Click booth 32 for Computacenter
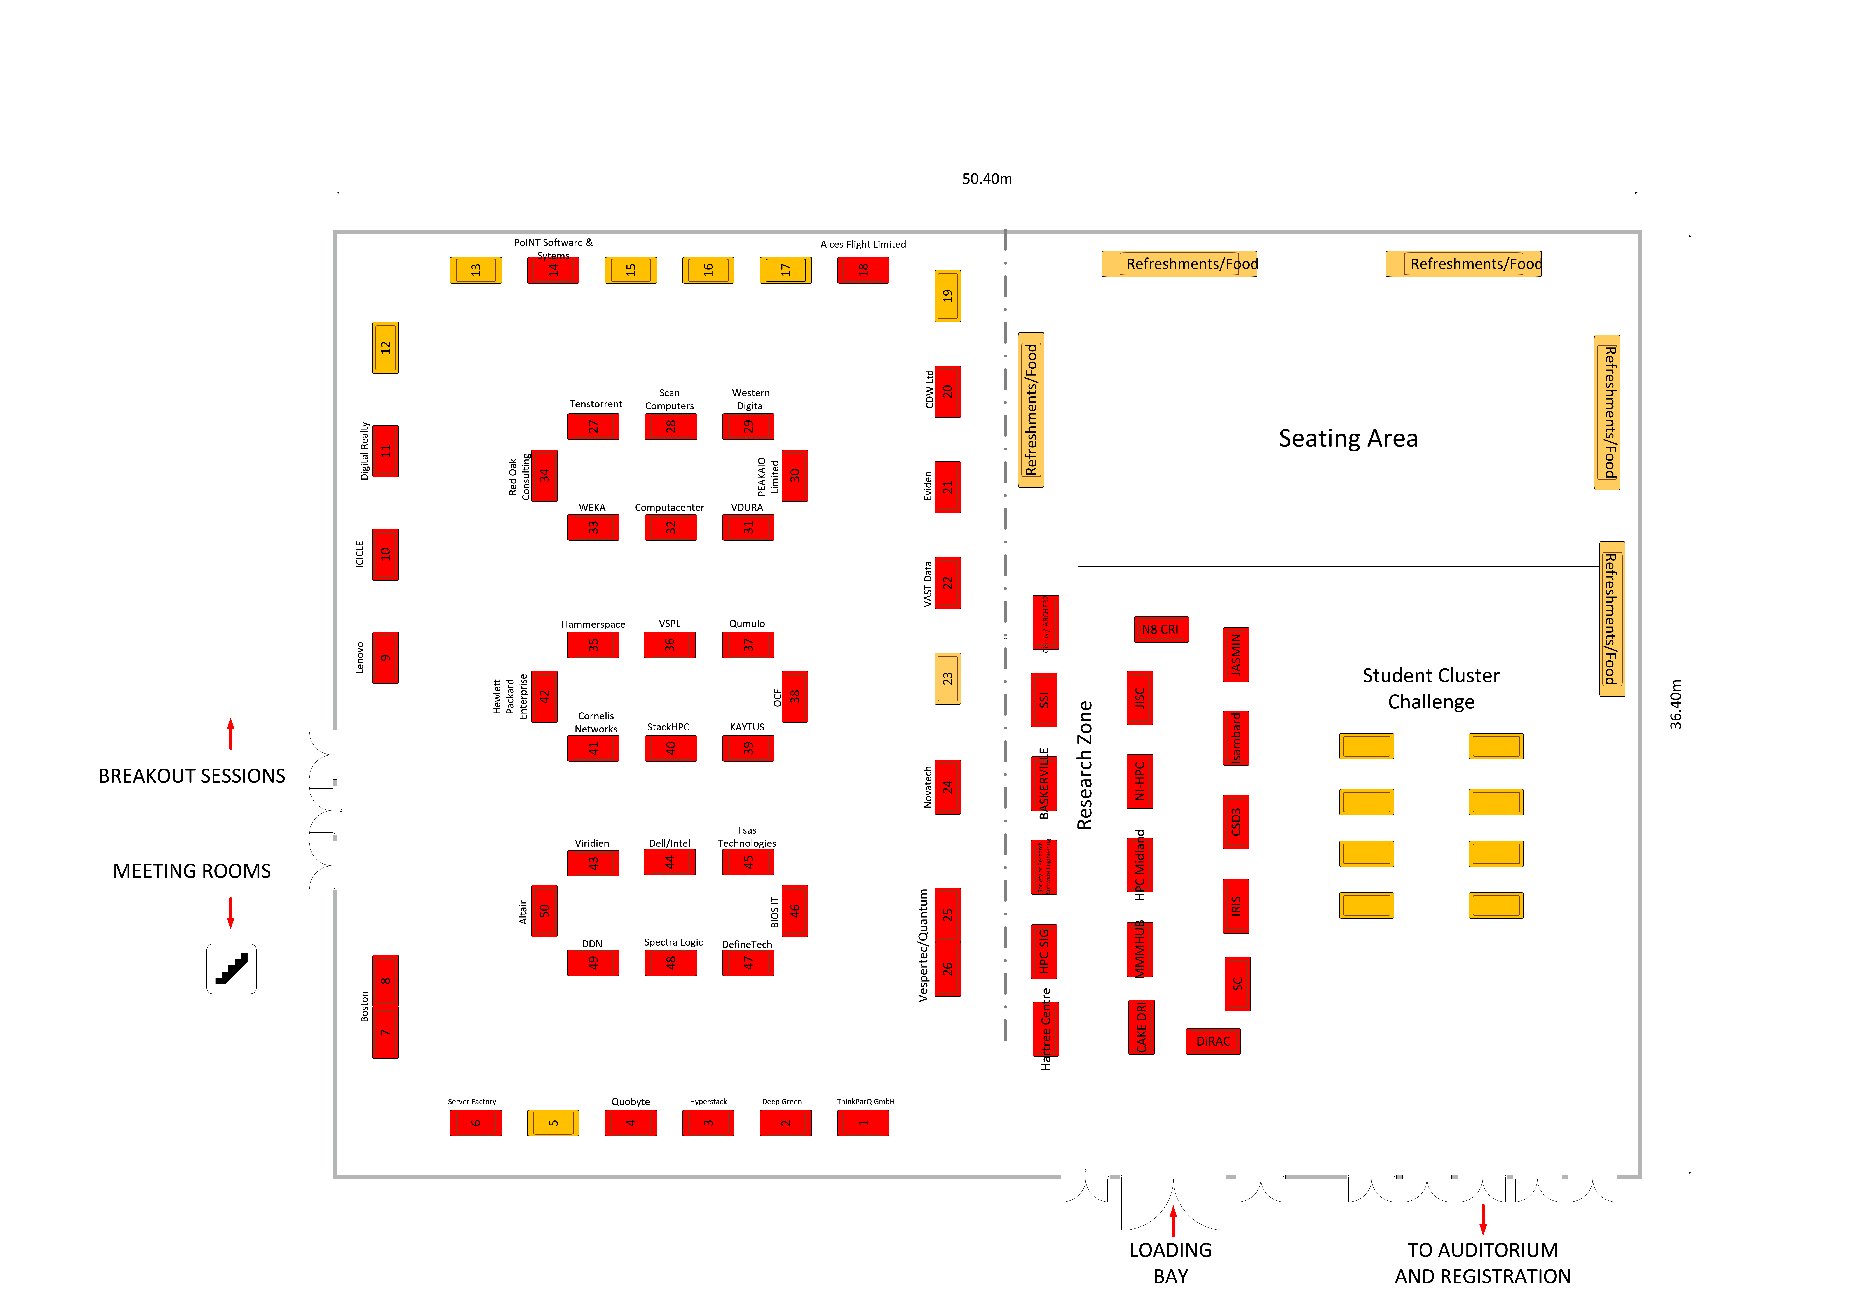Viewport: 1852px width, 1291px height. (670, 527)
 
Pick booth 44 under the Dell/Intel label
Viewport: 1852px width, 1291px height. (670, 862)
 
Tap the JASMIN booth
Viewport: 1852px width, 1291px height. (1236, 654)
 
